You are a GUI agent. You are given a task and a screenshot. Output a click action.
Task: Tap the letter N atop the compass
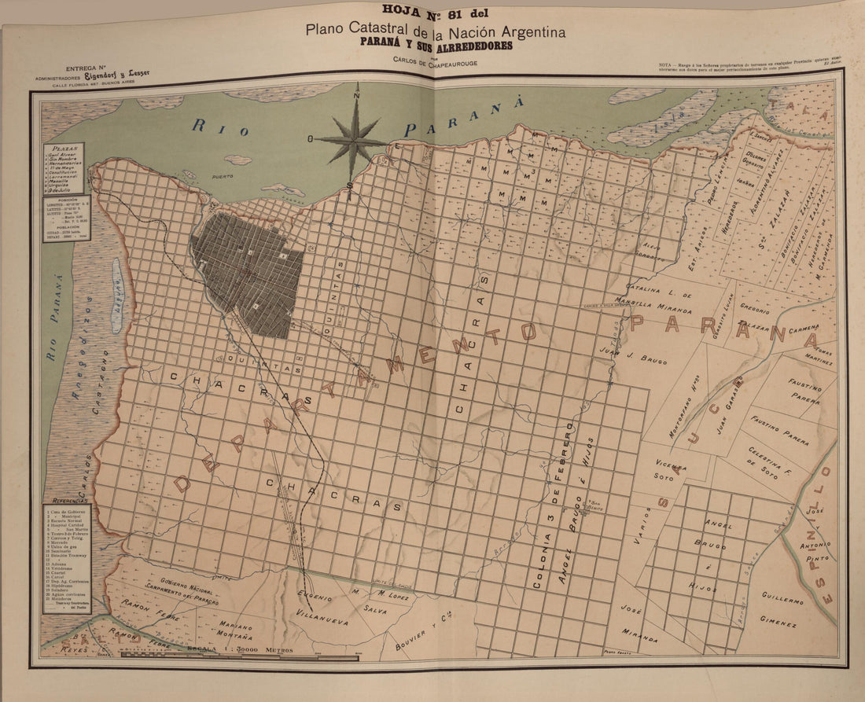click(x=357, y=96)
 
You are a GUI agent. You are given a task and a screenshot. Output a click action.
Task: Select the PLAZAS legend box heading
click(x=64, y=148)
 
